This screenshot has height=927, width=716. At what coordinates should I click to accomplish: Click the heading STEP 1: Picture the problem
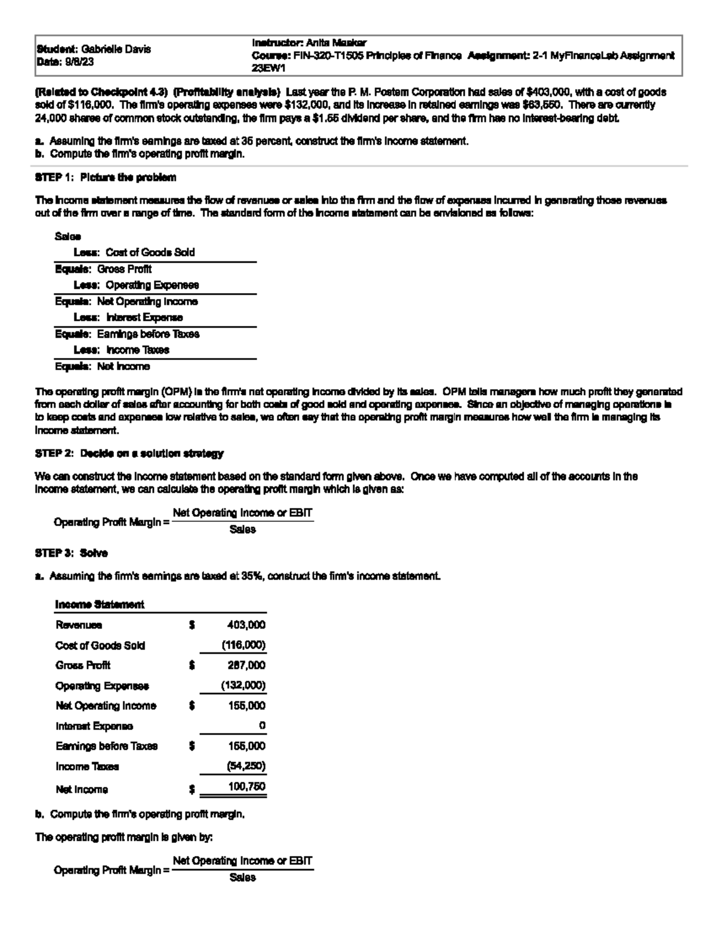[x=106, y=177]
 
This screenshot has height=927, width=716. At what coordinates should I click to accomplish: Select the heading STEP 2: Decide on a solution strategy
[x=129, y=454]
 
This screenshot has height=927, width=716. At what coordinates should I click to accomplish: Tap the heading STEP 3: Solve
[x=72, y=553]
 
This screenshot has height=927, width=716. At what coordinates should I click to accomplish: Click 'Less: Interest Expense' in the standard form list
[x=128, y=318]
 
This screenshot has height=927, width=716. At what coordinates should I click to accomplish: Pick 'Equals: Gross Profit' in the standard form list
[x=103, y=269]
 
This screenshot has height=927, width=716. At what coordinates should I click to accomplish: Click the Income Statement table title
[x=100, y=605]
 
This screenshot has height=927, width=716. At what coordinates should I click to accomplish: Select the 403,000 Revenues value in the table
[x=246, y=625]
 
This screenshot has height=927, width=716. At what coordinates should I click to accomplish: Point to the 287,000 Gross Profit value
[x=246, y=666]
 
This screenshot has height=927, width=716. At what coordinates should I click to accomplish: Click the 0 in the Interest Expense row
[x=262, y=726]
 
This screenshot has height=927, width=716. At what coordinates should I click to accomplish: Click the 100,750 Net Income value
[x=246, y=787]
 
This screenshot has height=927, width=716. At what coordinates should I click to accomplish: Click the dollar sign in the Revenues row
[x=192, y=625]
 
